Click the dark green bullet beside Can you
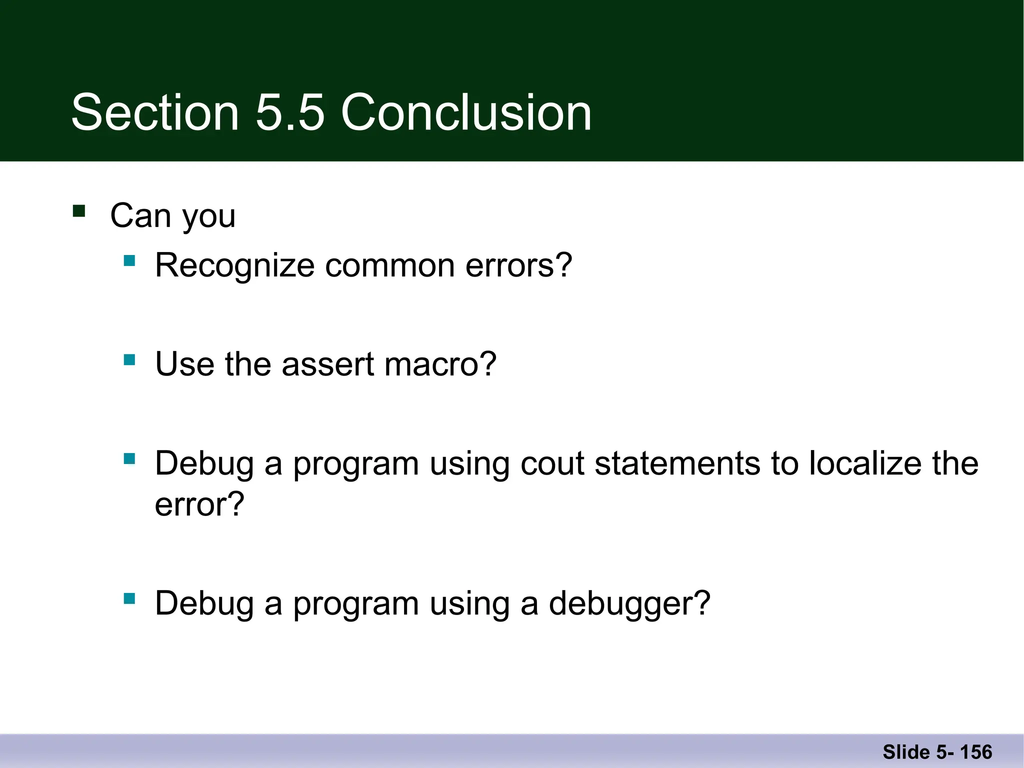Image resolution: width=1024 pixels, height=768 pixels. click(79, 210)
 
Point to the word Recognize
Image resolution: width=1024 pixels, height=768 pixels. click(234, 265)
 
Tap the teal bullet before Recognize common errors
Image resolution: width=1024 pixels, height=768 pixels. click(129, 260)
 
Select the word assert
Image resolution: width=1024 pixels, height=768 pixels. click(327, 364)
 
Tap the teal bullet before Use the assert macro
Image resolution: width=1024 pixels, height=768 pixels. click(129, 359)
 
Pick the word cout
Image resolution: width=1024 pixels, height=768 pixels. click(552, 463)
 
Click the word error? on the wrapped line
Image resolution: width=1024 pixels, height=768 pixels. click(199, 504)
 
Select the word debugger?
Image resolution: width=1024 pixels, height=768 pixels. click(629, 604)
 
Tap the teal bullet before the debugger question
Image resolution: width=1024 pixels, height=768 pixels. click(129, 598)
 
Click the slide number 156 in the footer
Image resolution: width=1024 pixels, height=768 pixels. click(976, 752)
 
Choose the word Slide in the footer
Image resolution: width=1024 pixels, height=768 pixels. click(906, 752)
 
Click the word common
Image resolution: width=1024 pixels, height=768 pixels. click(390, 265)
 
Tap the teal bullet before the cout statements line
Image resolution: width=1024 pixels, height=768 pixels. click(129, 459)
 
